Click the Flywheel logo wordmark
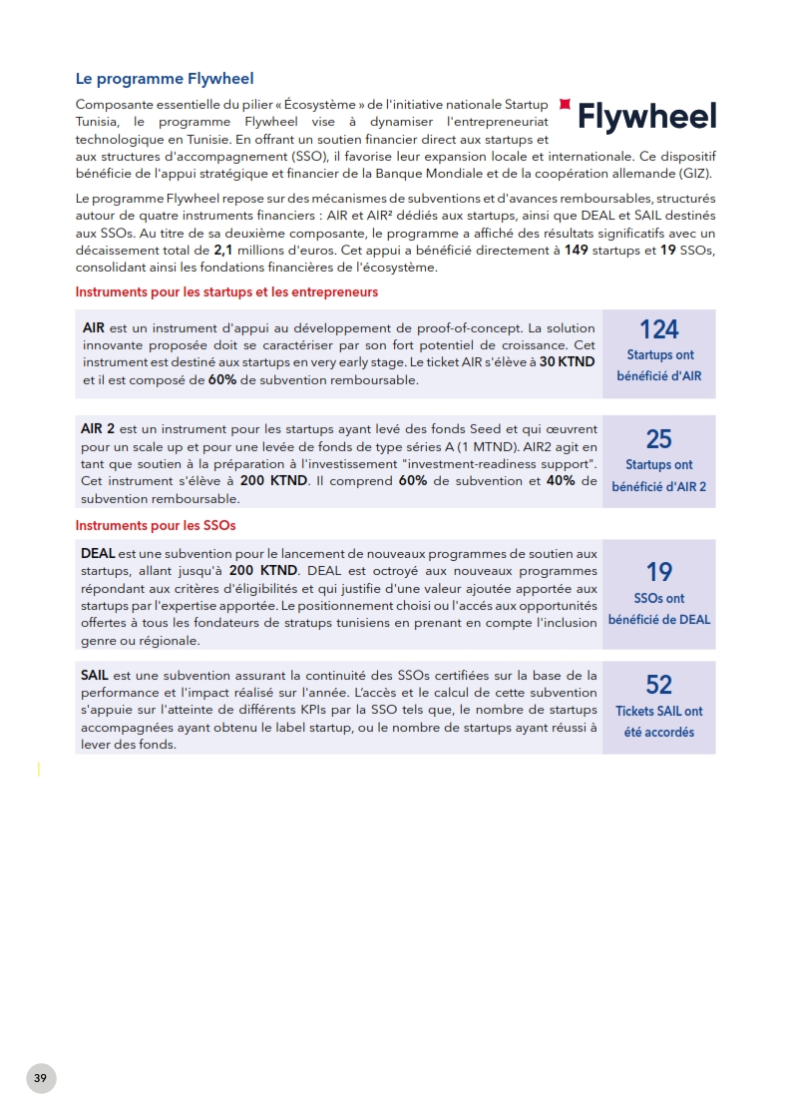tap(647, 118)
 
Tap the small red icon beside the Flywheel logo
tap(566, 104)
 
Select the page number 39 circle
tap(40, 1078)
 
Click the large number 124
tap(658, 329)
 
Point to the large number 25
tap(658, 439)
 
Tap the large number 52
tap(658, 685)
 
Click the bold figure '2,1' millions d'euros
tap(223, 251)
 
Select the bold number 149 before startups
tap(576, 251)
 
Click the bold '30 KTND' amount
tap(567, 362)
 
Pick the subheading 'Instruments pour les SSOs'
tap(156, 525)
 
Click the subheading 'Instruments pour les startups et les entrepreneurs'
tap(226, 292)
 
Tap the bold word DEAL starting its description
tap(98, 553)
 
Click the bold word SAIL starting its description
tap(96, 676)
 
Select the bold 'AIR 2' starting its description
tap(98, 428)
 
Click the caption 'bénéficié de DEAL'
tap(659, 619)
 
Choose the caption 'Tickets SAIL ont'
tap(658, 712)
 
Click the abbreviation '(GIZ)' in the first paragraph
tap(695, 174)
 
